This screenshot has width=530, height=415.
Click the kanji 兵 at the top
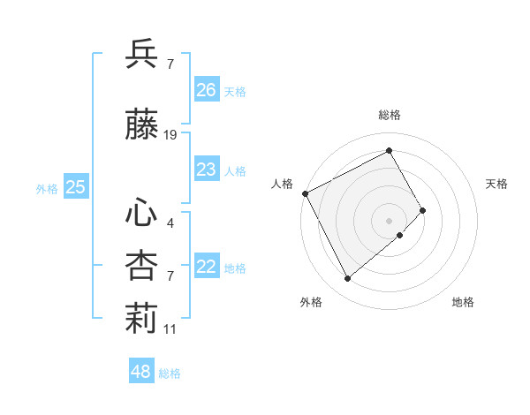coord(141,55)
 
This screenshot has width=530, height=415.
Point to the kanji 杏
coord(141,267)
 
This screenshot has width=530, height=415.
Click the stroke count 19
coord(170,135)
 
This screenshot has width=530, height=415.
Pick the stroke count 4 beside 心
coord(170,223)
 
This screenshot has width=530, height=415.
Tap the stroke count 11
coord(170,329)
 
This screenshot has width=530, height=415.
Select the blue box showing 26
coord(206,90)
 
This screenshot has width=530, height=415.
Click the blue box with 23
coord(206,170)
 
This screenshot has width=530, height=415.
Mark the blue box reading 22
coord(206,267)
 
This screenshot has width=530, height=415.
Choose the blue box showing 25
coord(76,187)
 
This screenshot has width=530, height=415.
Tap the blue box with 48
coord(141,372)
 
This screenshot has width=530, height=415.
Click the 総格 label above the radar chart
coord(389,115)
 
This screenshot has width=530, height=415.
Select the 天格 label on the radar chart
coord(496,184)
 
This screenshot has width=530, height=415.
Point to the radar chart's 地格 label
coord(463,302)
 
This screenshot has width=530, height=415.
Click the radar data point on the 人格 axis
coord(305,192)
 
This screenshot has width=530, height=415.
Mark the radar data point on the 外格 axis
coord(347,279)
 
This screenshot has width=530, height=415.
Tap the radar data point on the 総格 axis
coord(389,151)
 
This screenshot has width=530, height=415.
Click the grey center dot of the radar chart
coord(389,220)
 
